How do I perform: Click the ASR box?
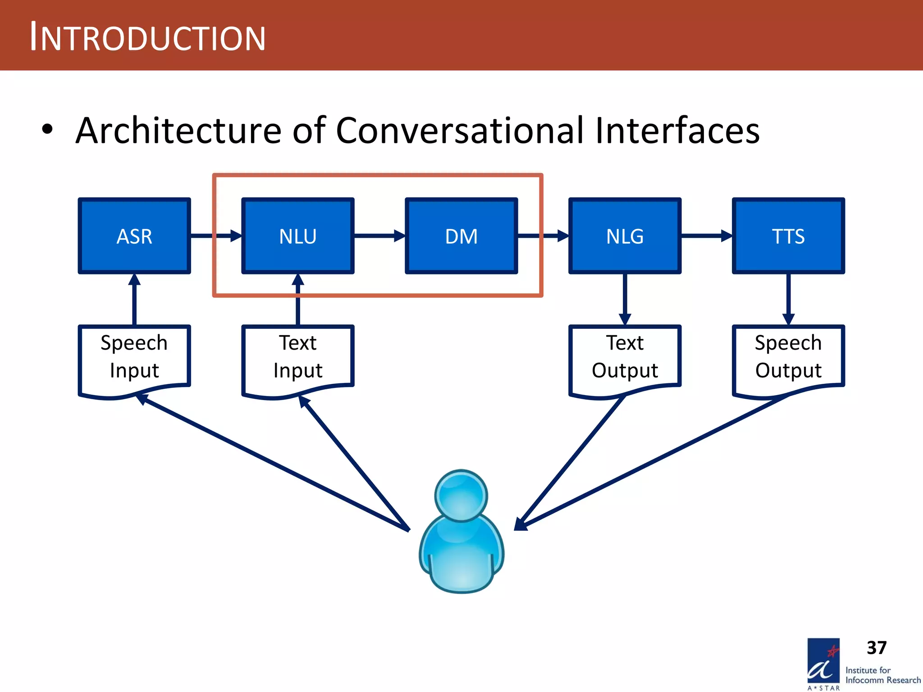(x=134, y=236)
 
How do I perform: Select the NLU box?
(x=297, y=236)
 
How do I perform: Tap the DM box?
(x=461, y=236)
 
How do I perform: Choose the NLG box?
(x=625, y=236)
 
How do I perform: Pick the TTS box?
(x=788, y=236)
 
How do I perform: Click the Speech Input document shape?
(x=134, y=358)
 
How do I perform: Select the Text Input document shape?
(x=297, y=358)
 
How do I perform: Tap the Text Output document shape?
(x=625, y=358)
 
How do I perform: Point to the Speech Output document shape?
(x=788, y=358)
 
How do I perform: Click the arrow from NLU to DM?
(x=379, y=236)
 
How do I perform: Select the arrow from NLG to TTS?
(x=706, y=236)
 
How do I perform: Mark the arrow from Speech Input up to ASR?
(x=134, y=300)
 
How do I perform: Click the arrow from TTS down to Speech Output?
(x=788, y=300)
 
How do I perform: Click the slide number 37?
(x=876, y=648)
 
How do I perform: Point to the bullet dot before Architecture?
(x=47, y=130)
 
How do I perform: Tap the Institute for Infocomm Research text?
(x=882, y=675)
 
